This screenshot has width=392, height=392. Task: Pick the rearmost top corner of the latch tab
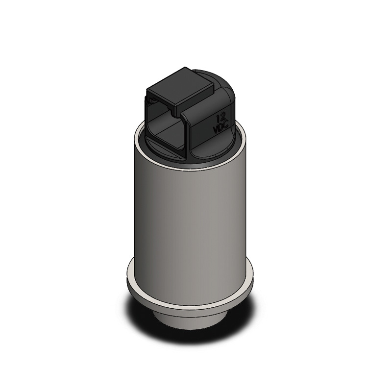185,67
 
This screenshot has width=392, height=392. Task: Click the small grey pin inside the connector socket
152,101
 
